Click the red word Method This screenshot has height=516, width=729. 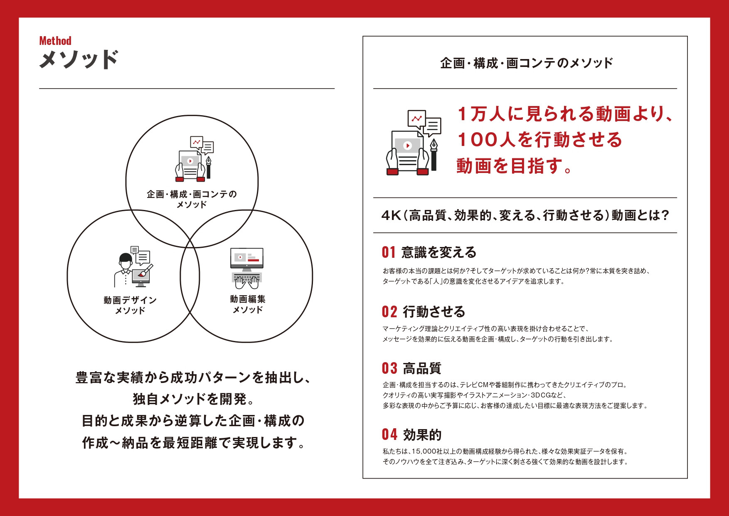click(x=55, y=41)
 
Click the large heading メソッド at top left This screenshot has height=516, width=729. click(x=79, y=59)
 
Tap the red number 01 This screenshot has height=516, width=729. click(x=389, y=252)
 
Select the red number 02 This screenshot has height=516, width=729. click(x=389, y=312)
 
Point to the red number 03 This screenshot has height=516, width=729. click(x=389, y=368)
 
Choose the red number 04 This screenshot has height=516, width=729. click(x=389, y=435)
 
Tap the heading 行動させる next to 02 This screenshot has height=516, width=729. click(x=434, y=312)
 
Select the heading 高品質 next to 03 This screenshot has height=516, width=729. click(x=422, y=368)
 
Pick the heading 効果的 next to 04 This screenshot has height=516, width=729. click(x=422, y=435)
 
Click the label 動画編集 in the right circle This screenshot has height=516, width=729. click(x=247, y=299)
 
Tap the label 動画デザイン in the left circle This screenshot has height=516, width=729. click(x=130, y=300)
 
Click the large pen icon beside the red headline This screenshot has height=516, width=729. click(x=433, y=154)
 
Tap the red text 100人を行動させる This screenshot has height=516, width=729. click(x=539, y=140)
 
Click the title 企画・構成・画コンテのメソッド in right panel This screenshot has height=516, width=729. click(x=526, y=63)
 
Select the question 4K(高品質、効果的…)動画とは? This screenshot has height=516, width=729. click(x=525, y=215)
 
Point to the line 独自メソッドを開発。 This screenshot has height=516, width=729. click(x=194, y=399)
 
